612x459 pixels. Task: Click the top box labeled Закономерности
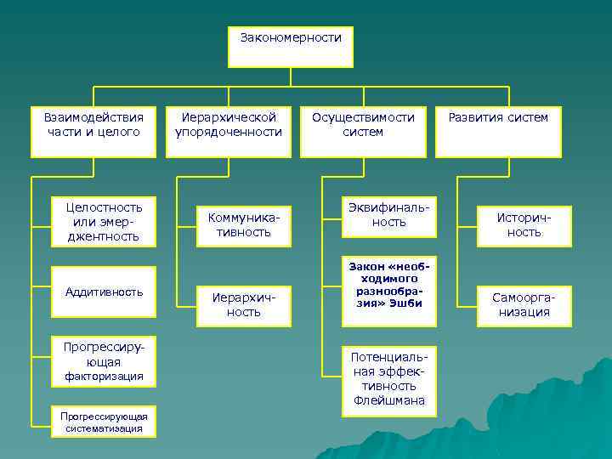[x=290, y=46]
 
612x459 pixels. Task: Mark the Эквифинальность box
[x=388, y=215]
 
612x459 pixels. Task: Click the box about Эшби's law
[x=388, y=290]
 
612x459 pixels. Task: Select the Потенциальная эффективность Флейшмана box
[x=388, y=381]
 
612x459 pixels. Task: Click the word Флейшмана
[x=388, y=401]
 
